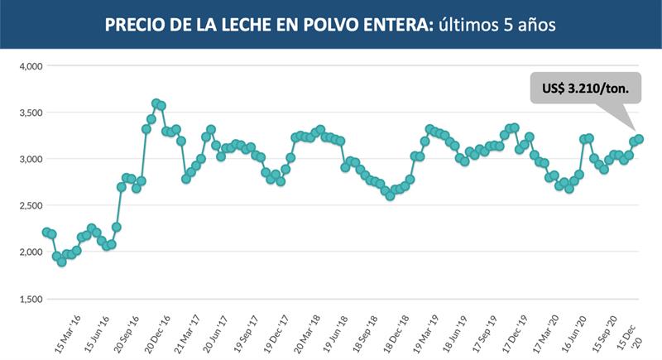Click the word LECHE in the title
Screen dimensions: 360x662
click(x=249, y=25)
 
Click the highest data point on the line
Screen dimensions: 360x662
click(x=156, y=103)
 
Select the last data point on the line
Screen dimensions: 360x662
click(x=639, y=139)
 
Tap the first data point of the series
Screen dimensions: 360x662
click(x=46, y=233)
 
